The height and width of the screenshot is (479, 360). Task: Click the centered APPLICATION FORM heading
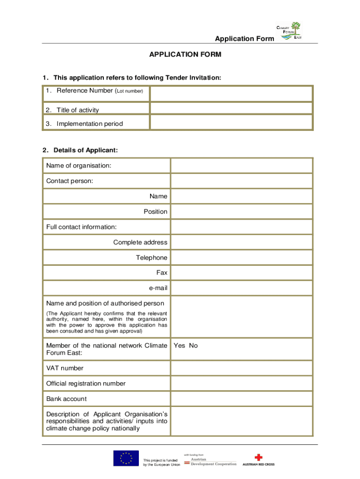185,55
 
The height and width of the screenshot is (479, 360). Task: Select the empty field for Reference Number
231,94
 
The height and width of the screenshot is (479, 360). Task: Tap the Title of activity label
78,110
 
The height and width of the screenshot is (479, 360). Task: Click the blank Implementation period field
231,123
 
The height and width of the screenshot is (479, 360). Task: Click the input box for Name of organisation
241,166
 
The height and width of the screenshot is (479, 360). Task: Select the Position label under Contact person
155,211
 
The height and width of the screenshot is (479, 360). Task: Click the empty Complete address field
241,242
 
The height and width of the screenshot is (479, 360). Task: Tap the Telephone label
151,258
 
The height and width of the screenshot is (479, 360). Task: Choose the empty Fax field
241,273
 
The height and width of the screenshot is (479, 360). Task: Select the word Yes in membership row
180,346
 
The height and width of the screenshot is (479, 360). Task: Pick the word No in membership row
193,346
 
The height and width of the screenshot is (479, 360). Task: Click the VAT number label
65,368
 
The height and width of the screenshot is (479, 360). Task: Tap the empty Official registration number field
241,384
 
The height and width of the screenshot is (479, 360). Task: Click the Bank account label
66,399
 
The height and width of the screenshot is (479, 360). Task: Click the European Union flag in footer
126,458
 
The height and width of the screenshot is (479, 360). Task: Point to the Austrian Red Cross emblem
259,457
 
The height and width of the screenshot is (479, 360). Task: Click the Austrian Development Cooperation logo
210,461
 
